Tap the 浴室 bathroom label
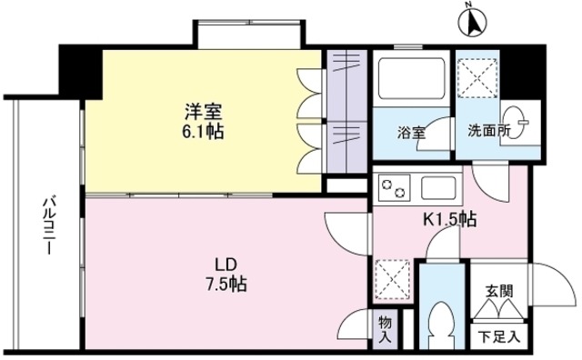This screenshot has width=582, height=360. (x=412, y=133)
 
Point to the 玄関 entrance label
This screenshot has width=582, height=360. (x=499, y=292)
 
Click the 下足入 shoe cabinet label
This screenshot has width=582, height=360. (x=499, y=337)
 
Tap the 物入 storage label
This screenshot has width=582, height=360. (x=385, y=329)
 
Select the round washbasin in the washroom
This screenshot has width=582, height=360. (x=515, y=119)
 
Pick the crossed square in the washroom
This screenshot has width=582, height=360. (x=477, y=74)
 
